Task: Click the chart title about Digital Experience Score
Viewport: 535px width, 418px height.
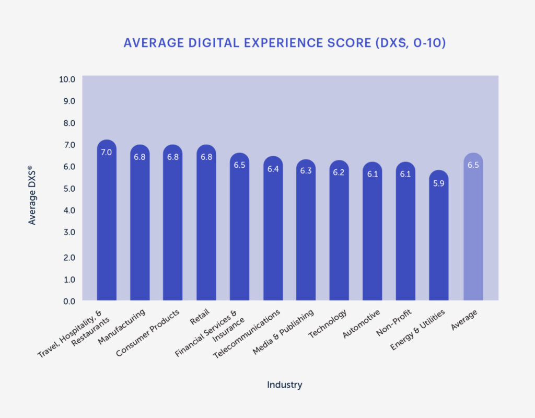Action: coord(284,43)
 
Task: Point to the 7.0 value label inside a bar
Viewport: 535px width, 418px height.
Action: coord(107,153)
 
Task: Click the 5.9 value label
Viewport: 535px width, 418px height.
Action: coord(438,183)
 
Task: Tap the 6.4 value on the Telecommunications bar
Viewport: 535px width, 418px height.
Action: coord(273,169)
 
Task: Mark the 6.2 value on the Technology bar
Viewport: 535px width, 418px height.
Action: coord(339,172)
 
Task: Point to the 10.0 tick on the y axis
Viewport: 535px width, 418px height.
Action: coord(67,79)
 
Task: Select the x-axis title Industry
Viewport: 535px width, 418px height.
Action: coord(284,385)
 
